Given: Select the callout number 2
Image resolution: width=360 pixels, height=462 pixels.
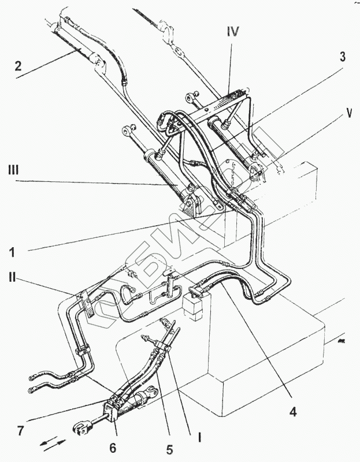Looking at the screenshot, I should tap(18, 66).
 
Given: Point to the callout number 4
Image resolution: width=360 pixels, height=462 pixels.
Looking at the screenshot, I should tap(294, 412).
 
